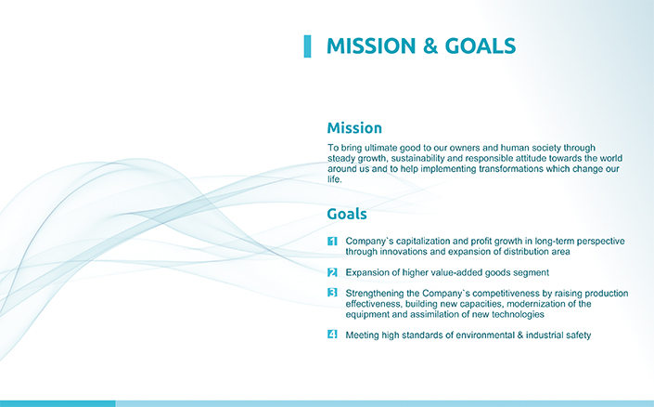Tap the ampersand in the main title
click(x=430, y=46)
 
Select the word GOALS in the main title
click(x=481, y=46)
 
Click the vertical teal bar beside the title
click(x=307, y=46)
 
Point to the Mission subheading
click(x=354, y=128)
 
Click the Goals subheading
click(x=347, y=214)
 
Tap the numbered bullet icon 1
click(x=332, y=241)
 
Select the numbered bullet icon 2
click(x=332, y=272)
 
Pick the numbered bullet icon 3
click(x=332, y=293)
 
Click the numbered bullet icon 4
click(x=332, y=335)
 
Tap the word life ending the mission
click(x=335, y=179)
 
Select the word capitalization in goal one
click(x=423, y=241)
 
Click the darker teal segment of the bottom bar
click(x=58, y=403)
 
